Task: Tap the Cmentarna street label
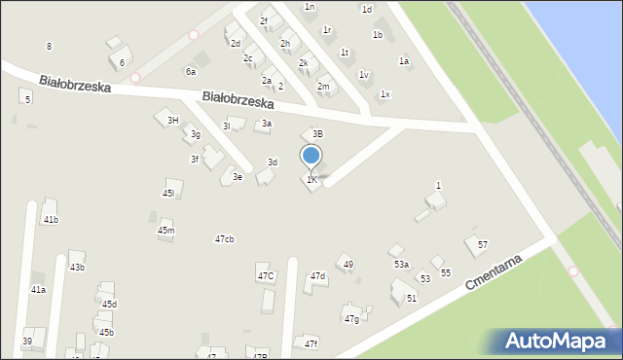495,273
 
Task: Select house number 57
482,244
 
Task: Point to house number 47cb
224,239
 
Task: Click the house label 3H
172,120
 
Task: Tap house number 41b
51,220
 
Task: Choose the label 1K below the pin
311,180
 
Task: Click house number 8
49,47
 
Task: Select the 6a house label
191,71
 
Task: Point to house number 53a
401,265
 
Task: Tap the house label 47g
351,319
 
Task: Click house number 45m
166,231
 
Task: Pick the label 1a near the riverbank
404,61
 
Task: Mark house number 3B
317,133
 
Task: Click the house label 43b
77,268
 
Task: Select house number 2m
323,87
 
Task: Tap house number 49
348,265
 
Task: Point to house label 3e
237,177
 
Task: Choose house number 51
412,298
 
